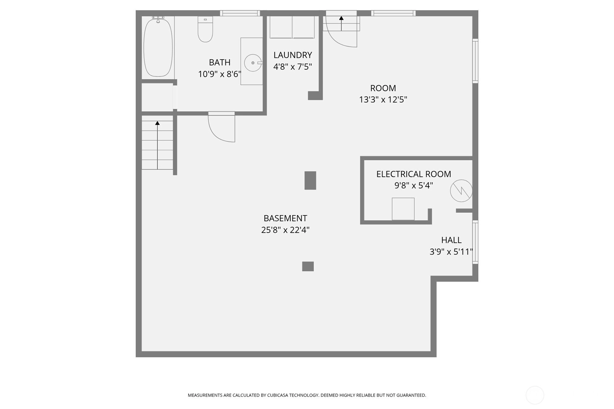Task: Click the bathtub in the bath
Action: (158, 47)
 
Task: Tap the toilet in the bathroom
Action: (205, 29)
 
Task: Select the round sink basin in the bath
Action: (253, 63)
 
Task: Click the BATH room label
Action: (220, 63)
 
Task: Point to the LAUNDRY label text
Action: (293, 55)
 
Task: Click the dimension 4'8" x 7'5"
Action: (293, 67)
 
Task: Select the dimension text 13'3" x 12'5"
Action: (383, 99)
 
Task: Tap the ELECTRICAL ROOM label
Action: (414, 174)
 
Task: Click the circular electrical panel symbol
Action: (461, 191)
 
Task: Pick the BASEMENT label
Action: (285, 218)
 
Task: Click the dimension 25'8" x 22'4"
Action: (285, 230)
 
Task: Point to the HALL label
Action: (451, 240)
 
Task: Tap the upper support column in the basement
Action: (310, 180)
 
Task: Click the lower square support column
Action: (308, 266)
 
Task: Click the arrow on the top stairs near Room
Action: (341, 23)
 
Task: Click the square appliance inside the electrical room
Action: (403, 209)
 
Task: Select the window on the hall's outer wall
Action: (475, 242)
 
